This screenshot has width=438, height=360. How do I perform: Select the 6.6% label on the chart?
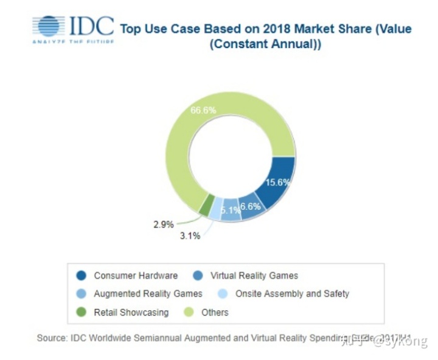[x=250, y=206]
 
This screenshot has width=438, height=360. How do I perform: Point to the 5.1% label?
[x=230, y=210]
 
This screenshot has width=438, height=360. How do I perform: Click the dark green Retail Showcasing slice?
[x=207, y=204]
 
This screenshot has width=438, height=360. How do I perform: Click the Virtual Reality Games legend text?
[x=254, y=275]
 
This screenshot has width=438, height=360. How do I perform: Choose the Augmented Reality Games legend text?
[x=148, y=294]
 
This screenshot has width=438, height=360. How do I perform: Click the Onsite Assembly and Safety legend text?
[x=292, y=294]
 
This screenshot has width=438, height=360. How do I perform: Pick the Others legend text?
[x=215, y=312]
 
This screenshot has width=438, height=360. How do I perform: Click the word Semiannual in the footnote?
[x=154, y=337]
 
